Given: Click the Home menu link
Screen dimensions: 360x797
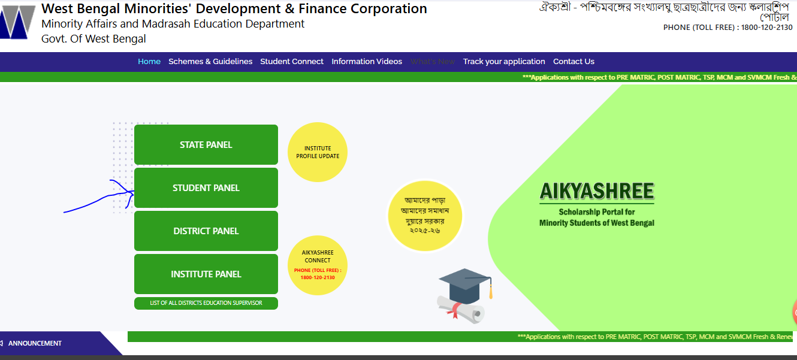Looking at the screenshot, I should [149, 62].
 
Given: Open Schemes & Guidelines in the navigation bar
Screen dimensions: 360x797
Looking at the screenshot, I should [210, 62].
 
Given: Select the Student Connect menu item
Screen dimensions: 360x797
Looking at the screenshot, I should [292, 62].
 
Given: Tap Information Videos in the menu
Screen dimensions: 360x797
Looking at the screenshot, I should [367, 62].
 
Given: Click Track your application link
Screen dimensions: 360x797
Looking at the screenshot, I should [504, 62].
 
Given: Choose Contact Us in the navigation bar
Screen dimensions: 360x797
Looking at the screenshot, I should [573, 62].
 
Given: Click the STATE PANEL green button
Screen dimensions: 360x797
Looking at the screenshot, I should [206, 145].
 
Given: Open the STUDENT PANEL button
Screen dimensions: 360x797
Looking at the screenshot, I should [206, 188].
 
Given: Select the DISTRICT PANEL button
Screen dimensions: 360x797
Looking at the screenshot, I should [206, 231].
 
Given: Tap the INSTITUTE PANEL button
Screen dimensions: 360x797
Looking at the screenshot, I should [206, 274].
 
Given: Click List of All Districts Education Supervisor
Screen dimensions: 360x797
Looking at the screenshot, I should [206, 303].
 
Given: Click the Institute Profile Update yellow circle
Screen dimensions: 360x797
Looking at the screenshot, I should [318, 152].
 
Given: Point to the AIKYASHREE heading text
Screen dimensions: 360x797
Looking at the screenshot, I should [597, 191].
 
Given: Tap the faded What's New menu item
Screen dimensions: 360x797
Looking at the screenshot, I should [432, 62].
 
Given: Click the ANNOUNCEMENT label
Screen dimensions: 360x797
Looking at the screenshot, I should [35, 343].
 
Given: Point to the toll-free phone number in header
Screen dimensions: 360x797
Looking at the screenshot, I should [727, 28].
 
